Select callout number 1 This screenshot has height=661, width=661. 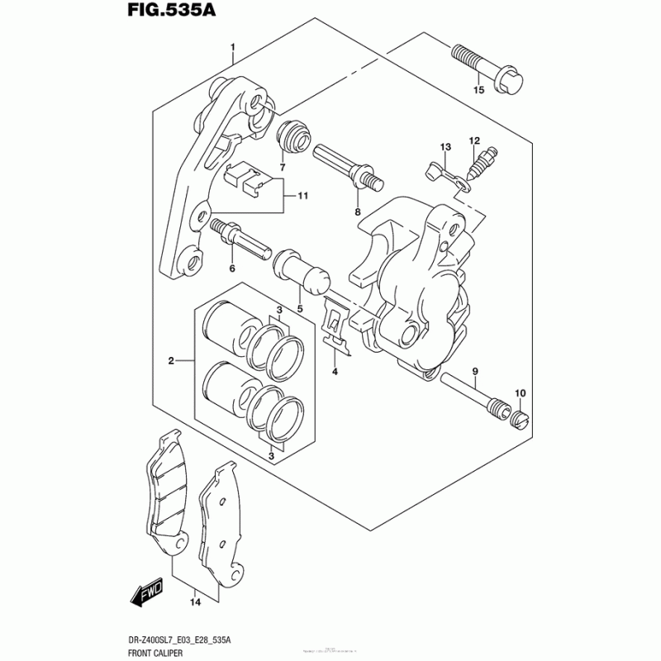[x=233, y=46]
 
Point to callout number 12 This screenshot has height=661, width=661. [x=475, y=140]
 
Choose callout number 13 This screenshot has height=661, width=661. [x=445, y=147]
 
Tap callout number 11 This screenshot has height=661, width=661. [x=302, y=196]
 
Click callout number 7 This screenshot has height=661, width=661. [x=282, y=168]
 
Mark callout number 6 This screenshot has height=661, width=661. [x=232, y=268]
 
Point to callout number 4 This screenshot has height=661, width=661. [x=335, y=372]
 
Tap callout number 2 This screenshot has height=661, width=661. [x=172, y=360]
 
